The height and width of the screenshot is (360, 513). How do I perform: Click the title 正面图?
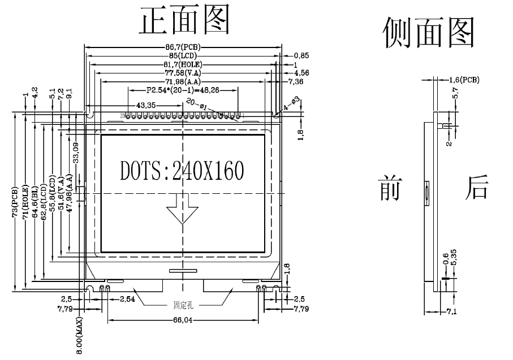[185, 21]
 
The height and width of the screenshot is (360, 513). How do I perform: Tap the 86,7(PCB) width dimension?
[183, 47]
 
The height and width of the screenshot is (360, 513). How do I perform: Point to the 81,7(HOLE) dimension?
[183, 64]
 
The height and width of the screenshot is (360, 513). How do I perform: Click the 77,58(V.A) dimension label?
[183, 73]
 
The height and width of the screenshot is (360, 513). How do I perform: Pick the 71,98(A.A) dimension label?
[183, 81]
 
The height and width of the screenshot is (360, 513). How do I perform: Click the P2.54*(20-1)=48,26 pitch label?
[183, 90]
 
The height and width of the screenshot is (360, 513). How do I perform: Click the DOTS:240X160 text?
[182, 170]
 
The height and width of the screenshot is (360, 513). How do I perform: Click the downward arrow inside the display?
[182, 210]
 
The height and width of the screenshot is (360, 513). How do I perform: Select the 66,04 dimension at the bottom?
[183, 320]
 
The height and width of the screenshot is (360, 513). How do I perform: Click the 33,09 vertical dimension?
[75, 153]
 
